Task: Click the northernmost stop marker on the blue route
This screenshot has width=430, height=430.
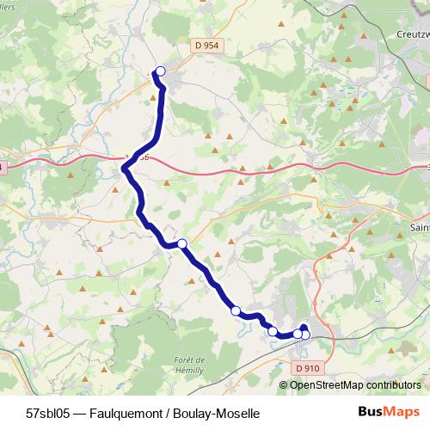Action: click(160, 71)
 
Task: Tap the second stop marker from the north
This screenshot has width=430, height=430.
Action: click(181, 243)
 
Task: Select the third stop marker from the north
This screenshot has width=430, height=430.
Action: click(236, 310)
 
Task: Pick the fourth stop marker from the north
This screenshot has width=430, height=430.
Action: click(273, 331)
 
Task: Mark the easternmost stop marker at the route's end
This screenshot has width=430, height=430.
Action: click(305, 335)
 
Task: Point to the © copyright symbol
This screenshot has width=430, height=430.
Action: click(285, 385)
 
